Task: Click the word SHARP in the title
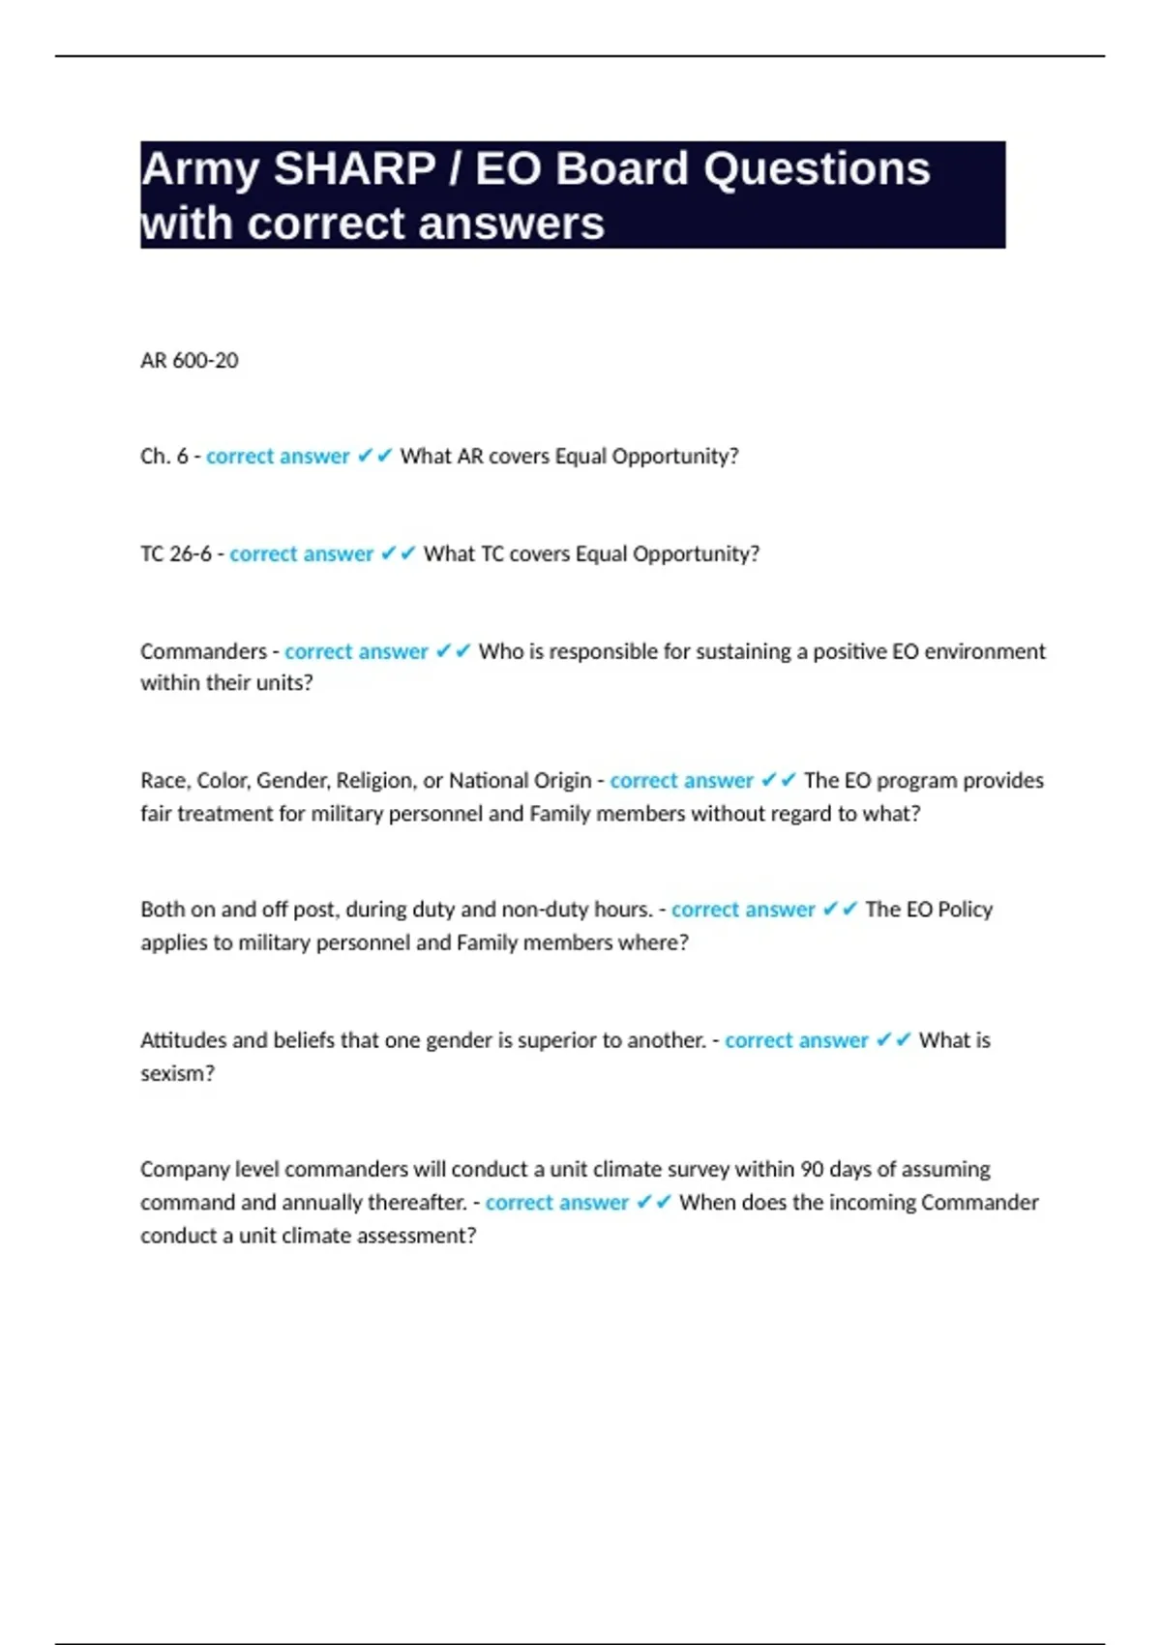coord(354,169)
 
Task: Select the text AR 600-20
coord(189,361)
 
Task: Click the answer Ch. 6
coord(164,456)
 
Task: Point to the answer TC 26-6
coord(175,553)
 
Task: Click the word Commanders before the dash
coord(203,651)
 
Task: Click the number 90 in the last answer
coord(813,1169)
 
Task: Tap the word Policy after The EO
coord(965,910)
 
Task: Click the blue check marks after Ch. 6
coord(374,456)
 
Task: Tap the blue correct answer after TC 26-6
coord(301,553)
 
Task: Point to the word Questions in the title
coord(817,169)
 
